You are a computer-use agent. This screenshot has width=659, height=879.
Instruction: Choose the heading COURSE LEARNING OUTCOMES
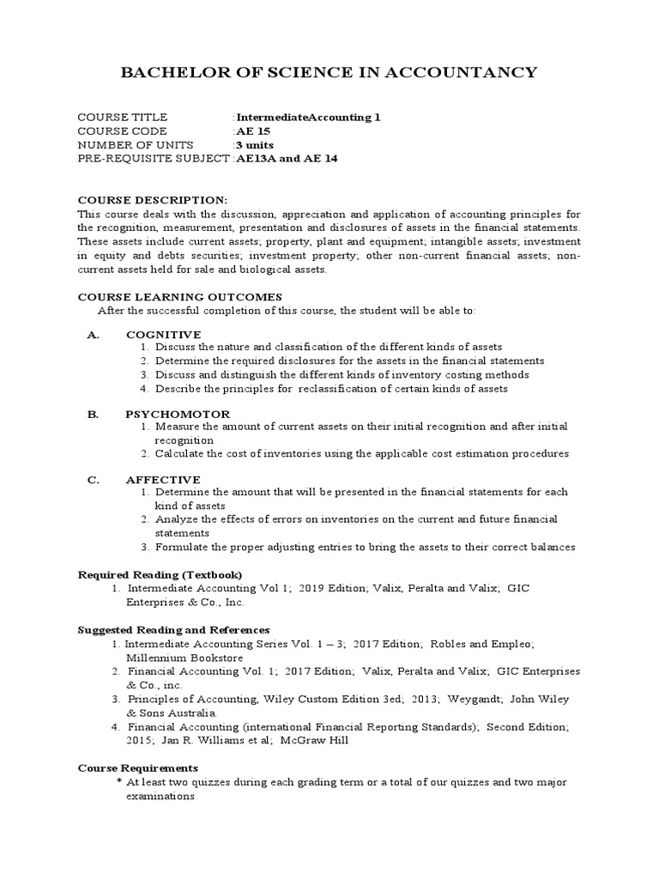click(x=179, y=296)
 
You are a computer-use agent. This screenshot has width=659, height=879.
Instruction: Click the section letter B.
click(x=94, y=414)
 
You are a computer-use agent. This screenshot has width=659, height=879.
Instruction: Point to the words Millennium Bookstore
click(x=178, y=657)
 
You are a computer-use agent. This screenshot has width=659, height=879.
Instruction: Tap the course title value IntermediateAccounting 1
click(x=308, y=118)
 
